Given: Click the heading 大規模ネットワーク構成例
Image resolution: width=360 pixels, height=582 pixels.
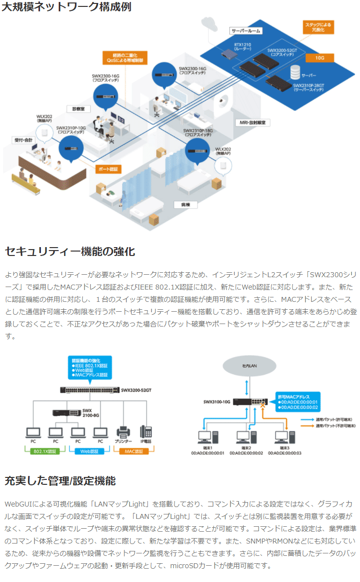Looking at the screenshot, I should pyautogui.click(x=66, y=8).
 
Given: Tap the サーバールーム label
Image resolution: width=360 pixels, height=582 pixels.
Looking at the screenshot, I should pyautogui.click(x=246, y=31).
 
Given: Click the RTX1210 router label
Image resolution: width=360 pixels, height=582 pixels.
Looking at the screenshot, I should pyautogui.click(x=242, y=47).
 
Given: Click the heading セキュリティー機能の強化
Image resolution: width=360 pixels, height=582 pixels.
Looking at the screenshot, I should pyautogui.click(x=70, y=252).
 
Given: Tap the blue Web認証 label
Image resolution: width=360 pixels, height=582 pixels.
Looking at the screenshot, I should pyautogui.click(x=89, y=451).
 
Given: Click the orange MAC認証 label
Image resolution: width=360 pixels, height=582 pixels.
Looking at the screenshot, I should pyautogui.click(x=134, y=451).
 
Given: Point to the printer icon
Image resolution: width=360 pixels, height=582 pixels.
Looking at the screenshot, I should pyautogui.click(x=123, y=432).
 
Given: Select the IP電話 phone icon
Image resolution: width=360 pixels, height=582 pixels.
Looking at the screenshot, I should pyautogui.click(x=146, y=432).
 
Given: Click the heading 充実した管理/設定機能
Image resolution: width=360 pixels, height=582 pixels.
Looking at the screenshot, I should pyautogui.click(x=60, y=480).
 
